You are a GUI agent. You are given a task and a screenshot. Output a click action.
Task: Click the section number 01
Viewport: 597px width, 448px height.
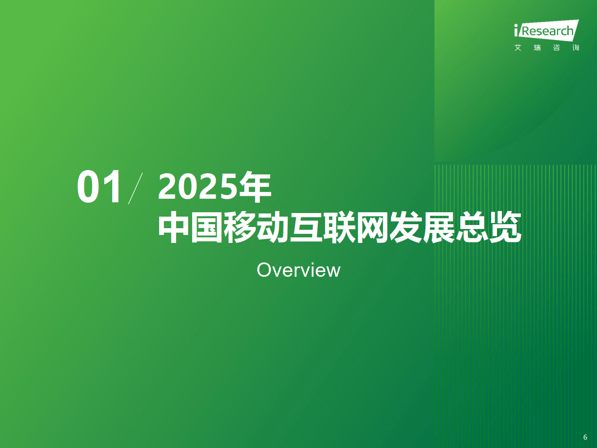click(99, 186)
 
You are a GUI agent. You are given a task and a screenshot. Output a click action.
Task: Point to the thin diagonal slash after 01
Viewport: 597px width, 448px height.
click(135, 188)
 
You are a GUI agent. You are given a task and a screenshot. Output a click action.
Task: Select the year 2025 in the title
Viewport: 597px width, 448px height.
click(197, 187)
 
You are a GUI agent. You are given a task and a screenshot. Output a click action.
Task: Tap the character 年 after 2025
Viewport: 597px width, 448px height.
click(255, 187)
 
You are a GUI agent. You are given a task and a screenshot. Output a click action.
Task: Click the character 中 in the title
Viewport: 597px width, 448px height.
click(174, 227)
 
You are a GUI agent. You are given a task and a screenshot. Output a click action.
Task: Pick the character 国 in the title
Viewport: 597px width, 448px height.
click(207, 227)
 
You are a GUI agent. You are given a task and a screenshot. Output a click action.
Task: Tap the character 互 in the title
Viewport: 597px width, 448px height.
click(306, 227)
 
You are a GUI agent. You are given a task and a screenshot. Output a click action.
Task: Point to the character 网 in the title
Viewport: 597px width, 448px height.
click(373, 227)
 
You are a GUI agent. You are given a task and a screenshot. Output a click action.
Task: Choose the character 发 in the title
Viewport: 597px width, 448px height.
click(406, 227)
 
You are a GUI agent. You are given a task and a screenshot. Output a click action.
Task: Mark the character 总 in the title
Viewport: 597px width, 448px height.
click(472, 227)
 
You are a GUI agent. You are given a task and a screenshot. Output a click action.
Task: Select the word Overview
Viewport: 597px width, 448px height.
click(298, 270)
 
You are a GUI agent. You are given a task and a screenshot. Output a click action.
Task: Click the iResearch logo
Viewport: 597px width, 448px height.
click(546, 31)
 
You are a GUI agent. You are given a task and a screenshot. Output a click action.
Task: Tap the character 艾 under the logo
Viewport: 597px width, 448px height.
click(518, 48)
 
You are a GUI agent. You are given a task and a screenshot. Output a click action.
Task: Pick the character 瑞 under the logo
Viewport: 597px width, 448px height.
click(537, 48)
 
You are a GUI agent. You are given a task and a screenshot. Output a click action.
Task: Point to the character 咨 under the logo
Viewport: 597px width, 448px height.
click(556, 48)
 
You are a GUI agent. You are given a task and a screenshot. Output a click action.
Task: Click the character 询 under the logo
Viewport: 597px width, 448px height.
click(576, 48)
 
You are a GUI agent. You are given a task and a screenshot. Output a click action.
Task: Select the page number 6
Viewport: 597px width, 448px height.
click(585, 437)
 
